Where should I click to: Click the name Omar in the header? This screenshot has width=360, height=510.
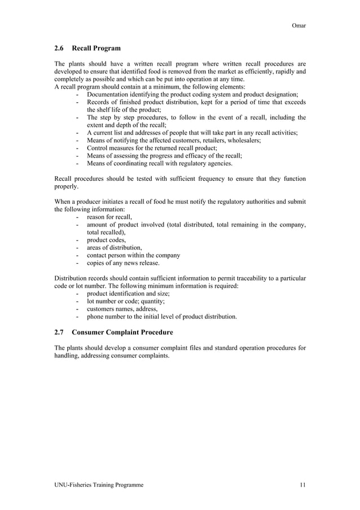click(x=298, y=25)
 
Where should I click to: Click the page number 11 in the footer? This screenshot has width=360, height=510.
click(x=302, y=485)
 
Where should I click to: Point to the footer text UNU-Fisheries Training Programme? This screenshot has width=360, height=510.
click(x=98, y=485)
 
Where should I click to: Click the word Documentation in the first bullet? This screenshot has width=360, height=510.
click(x=108, y=95)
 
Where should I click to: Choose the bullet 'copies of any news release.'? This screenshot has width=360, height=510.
click(x=123, y=263)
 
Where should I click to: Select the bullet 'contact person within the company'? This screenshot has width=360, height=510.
click(x=133, y=255)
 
